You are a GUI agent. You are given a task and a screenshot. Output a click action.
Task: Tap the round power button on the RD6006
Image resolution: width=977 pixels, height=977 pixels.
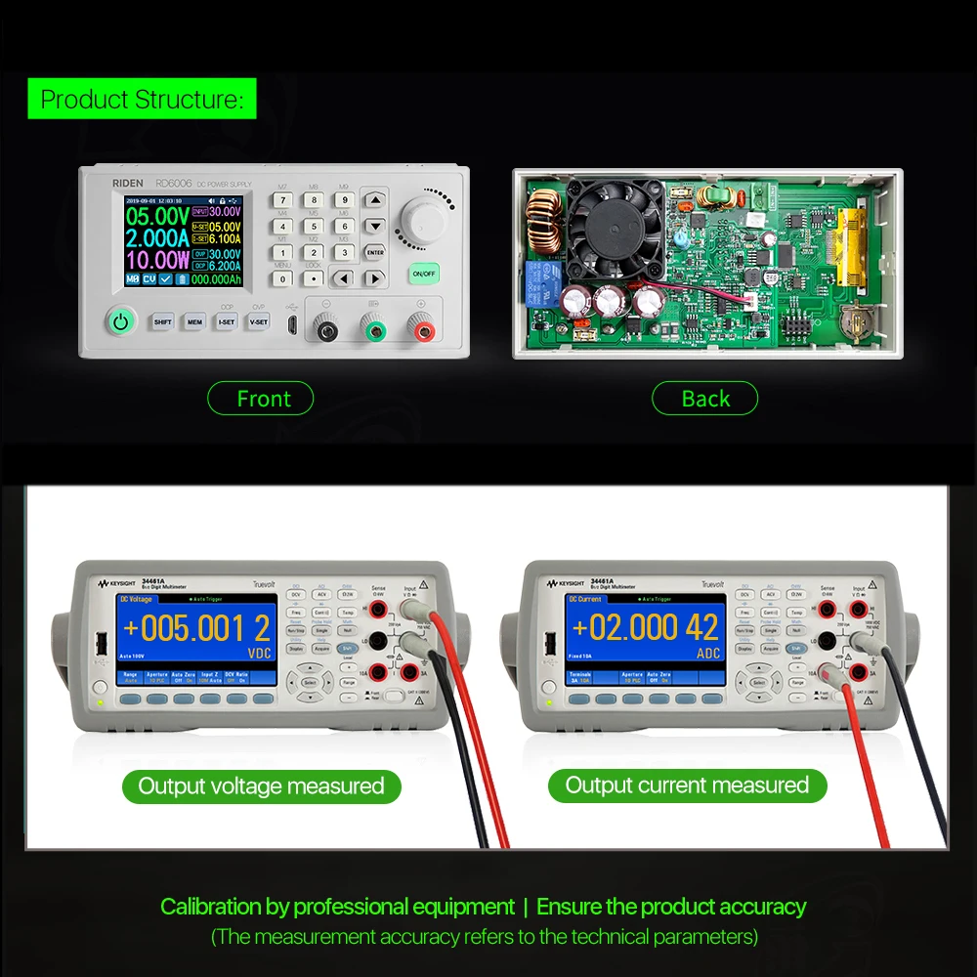pos(120,320)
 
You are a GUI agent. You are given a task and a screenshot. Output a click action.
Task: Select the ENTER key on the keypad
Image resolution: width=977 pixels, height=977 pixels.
pos(374,251)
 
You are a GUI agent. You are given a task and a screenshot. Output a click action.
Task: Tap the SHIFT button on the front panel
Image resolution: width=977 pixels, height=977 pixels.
pos(162,321)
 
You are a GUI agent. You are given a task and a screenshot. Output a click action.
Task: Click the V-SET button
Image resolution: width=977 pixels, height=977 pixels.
pos(258,321)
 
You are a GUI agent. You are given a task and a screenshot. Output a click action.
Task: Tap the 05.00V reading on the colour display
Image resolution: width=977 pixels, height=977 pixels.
pos(156,215)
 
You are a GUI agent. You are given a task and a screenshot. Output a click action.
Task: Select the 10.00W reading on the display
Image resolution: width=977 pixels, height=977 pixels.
pos(156,260)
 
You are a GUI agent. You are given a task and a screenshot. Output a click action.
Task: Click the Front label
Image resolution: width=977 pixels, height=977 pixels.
pos(261,399)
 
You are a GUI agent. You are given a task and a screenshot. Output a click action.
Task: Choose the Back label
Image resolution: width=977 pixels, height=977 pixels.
pos(704,399)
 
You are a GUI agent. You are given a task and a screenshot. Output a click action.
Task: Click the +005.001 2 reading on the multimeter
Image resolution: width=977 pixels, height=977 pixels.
pos(196,628)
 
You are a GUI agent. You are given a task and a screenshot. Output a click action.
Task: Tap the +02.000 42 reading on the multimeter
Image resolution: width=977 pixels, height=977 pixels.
pos(645,627)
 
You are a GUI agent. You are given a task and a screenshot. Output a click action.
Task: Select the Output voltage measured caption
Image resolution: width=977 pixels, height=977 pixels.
pos(261,786)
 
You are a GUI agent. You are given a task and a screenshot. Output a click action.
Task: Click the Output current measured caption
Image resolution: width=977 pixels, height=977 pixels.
pos(687,786)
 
